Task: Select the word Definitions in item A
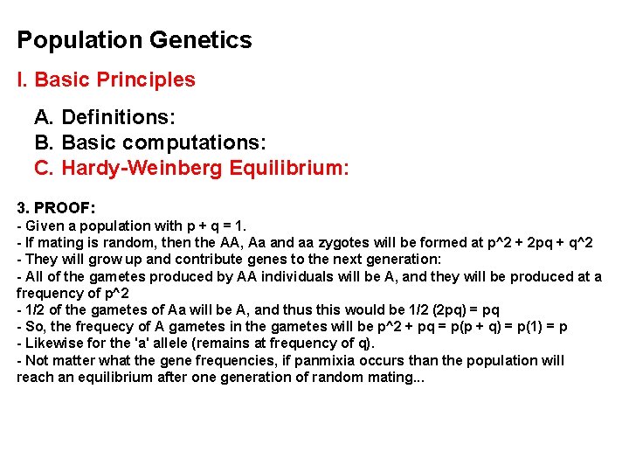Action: pyautogui.click(x=118, y=116)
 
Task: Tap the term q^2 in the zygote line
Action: pyautogui.click(x=577, y=242)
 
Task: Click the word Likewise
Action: pyautogui.click(x=52, y=344)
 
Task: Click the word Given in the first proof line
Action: pyautogui.click(x=45, y=226)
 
